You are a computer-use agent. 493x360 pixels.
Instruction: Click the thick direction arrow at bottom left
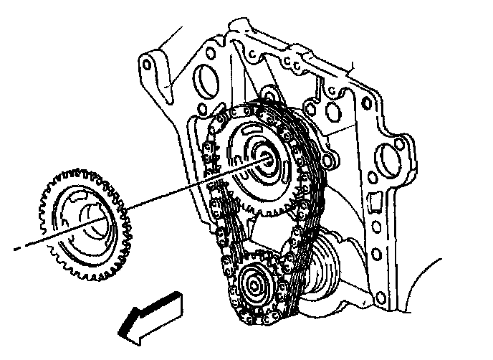click(150, 313)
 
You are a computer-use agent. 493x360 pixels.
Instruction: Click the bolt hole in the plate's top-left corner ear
click(148, 64)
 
